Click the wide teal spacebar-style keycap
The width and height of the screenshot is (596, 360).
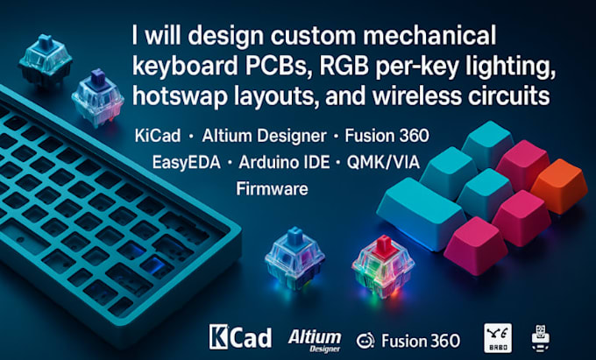tap(421, 210)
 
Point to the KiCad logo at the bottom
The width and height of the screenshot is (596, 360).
tap(232, 335)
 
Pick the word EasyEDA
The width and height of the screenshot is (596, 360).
tap(167, 164)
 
